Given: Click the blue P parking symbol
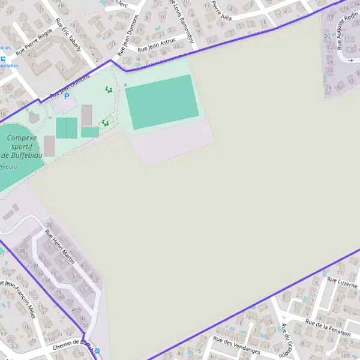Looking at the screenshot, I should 67,96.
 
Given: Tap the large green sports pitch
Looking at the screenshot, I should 161,101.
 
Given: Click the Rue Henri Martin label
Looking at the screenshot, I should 60,245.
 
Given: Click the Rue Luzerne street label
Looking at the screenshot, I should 342,280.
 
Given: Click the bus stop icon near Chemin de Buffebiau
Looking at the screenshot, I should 98,352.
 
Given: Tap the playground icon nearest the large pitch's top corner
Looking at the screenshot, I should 109,89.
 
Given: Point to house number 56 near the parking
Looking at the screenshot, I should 22,103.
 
